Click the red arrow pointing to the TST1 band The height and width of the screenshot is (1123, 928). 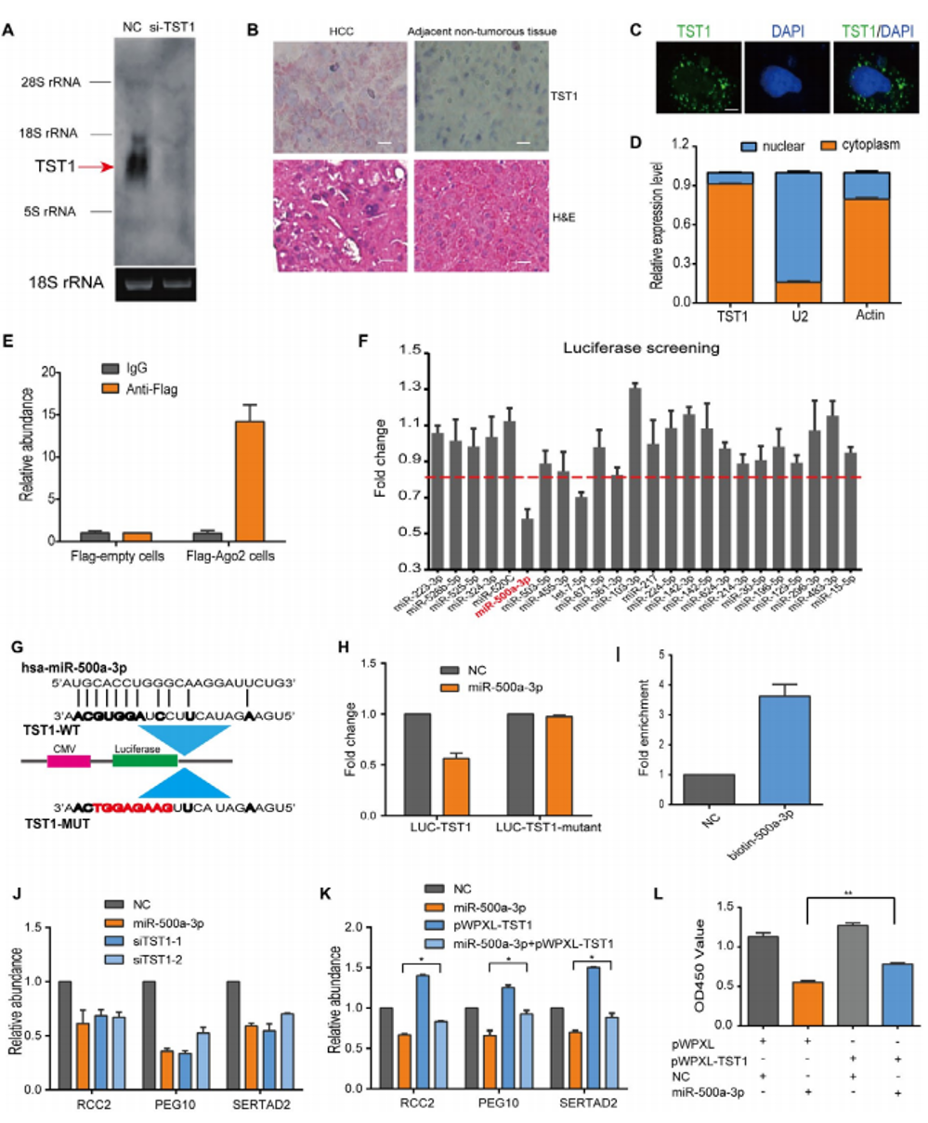tap(96, 167)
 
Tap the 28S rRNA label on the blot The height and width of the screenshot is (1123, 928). tap(53, 82)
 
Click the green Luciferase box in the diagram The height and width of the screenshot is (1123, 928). tap(144, 759)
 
